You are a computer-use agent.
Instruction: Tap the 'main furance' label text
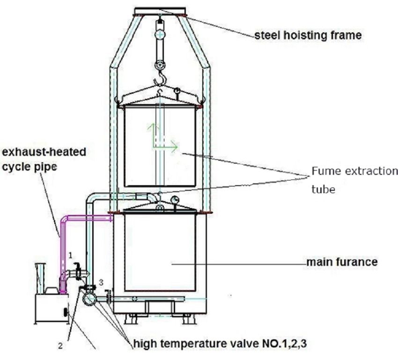(341, 262)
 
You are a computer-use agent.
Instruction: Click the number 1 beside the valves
(71, 255)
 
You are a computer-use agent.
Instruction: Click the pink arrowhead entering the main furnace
(110, 217)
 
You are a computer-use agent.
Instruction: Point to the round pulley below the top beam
(161, 35)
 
